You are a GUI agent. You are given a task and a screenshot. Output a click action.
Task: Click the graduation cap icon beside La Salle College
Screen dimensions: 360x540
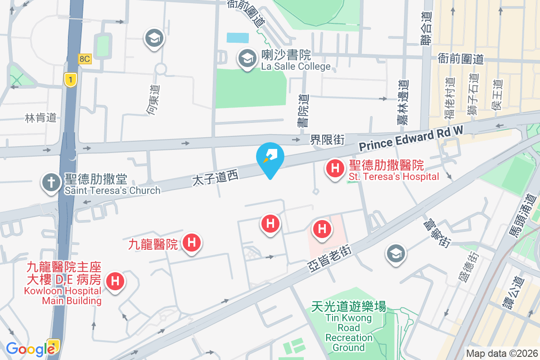tap(247, 58)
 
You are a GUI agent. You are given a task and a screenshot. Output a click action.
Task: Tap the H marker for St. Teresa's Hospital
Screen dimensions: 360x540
tap(335, 169)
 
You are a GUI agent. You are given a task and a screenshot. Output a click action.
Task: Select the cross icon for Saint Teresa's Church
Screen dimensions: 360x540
tap(51, 183)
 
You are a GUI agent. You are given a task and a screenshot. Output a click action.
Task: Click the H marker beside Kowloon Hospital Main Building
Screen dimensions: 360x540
tap(115, 282)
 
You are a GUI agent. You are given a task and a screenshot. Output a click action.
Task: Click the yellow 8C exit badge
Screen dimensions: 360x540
tap(85, 59)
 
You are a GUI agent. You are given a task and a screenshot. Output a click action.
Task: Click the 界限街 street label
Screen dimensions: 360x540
tap(328, 140)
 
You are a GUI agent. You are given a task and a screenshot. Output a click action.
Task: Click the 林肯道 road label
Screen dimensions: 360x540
tap(41, 118)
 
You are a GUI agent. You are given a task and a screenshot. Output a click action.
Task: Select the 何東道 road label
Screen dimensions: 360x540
tap(153, 99)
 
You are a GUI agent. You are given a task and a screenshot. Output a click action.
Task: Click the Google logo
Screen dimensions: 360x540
tap(30, 349)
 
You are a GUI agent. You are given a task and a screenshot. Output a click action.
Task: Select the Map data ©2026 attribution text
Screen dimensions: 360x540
tap(501, 353)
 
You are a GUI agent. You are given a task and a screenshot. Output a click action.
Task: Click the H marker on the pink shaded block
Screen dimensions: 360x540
tap(322, 229)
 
